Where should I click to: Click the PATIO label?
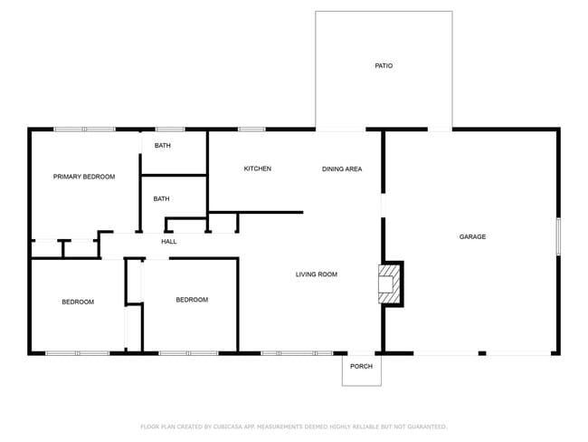click(384, 66)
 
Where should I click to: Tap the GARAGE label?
click(472, 236)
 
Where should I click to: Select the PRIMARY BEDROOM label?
click(84, 177)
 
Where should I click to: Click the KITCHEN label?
click(258, 168)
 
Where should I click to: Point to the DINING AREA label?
click(342, 168)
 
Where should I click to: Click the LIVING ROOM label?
click(317, 274)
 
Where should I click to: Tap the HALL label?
click(169, 242)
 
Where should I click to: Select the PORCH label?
click(361, 366)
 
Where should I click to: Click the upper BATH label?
click(162, 146)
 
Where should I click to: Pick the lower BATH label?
click(161, 198)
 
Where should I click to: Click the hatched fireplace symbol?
click(389, 283)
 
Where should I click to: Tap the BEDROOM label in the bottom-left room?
click(78, 302)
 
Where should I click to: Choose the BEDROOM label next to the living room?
click(192, 300)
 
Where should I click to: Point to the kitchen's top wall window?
click(251, 130)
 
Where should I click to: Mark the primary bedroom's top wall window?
click(83, 130)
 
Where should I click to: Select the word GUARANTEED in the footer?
click(422, 426)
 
